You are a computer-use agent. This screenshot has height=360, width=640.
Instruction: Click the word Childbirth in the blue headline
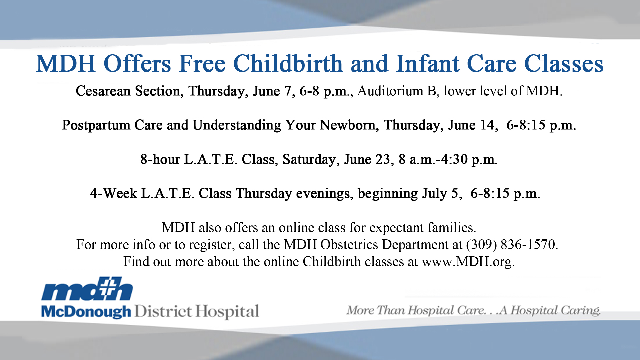point(288,63)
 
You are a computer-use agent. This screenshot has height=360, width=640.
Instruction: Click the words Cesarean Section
point(128,91)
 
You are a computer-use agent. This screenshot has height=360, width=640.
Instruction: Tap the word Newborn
point(347,125)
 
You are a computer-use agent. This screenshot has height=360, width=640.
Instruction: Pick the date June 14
point(471,125)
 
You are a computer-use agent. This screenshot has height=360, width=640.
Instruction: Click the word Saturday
point(309,159)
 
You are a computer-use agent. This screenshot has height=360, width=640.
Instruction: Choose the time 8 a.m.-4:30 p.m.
point(448,159)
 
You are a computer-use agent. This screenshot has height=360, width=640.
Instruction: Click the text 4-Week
point(113,193)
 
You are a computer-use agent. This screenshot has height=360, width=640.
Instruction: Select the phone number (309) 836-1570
point(512,244)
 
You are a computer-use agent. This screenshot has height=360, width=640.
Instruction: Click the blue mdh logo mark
point(87,288)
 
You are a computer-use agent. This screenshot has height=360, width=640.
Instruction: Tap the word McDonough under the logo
point(86,312)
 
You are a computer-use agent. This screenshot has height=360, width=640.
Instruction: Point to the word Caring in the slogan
point(580,310)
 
